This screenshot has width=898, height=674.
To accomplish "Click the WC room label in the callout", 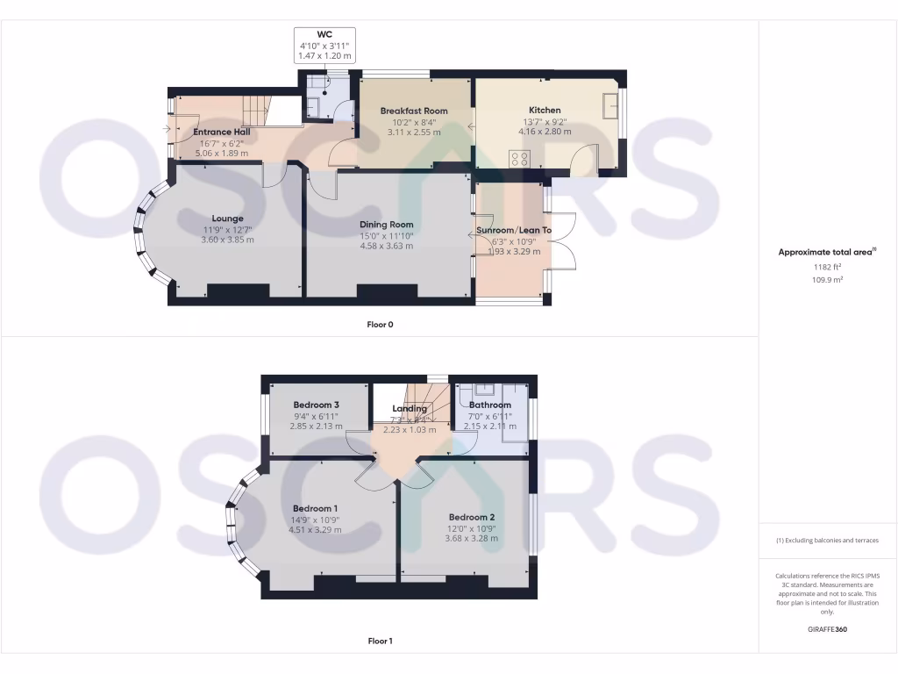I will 325,34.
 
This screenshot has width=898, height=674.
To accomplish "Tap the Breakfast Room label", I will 413,111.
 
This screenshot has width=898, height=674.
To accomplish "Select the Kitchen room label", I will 544,111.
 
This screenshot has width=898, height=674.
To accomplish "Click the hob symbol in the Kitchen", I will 520,160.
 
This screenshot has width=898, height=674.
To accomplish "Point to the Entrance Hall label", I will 222,132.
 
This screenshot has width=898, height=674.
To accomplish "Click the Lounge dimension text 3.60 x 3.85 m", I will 227,240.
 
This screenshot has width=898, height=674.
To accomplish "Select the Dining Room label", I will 386,225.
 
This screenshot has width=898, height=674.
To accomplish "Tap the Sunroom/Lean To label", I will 514,231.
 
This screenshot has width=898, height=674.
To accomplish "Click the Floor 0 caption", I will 380,325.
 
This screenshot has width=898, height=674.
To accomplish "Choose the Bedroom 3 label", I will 316,405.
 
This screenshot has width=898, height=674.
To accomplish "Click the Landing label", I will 410,408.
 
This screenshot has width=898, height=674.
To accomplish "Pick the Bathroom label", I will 489,405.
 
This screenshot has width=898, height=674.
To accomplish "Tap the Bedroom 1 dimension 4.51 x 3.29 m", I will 314,529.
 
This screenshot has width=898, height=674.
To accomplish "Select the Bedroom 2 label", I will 472,517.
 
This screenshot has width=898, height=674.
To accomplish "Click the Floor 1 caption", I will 380,641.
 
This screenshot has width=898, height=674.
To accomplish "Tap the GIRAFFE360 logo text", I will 828,629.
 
